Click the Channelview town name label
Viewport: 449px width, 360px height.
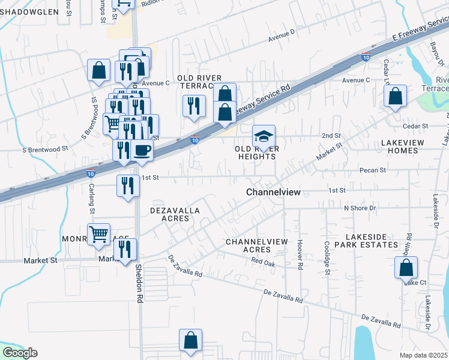273,191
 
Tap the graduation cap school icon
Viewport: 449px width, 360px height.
264,137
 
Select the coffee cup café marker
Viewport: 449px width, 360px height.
142,150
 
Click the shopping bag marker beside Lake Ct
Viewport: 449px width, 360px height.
406,267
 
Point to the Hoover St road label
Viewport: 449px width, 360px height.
299,253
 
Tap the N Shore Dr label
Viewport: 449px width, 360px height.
359,208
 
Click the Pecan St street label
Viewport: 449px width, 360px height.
373,170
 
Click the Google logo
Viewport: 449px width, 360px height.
20,353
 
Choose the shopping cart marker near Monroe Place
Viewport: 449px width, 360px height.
99,233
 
